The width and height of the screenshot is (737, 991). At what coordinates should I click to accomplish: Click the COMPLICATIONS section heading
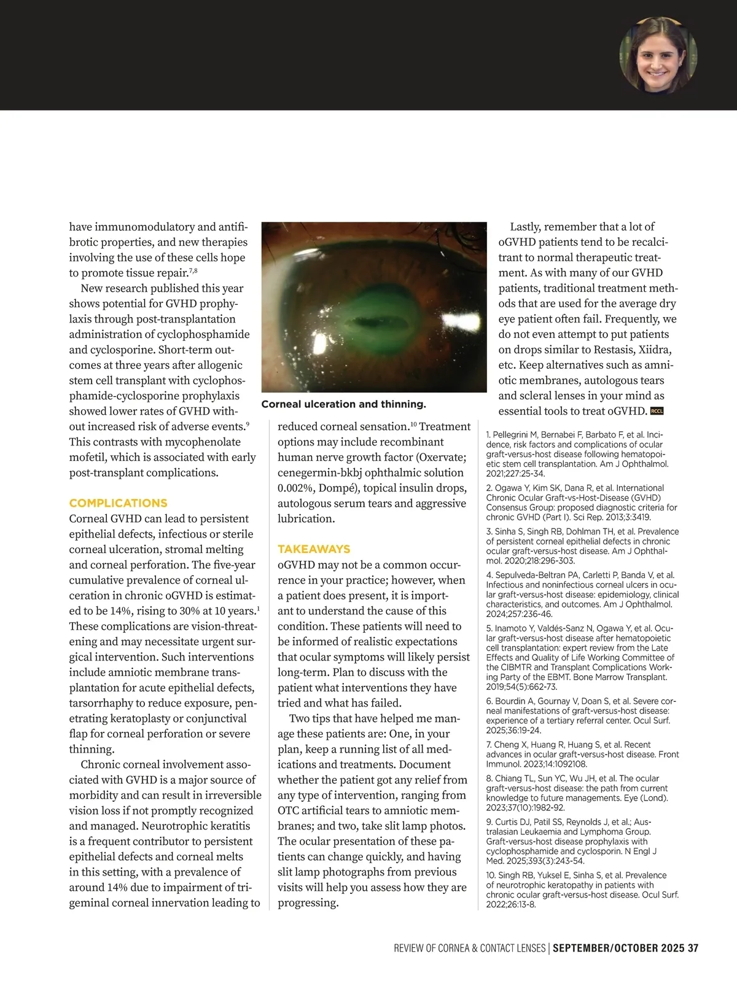pyautogui.click(x=118, y=503)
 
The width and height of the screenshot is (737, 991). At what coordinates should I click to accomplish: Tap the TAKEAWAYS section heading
pyautogui.click(x=314, y=549)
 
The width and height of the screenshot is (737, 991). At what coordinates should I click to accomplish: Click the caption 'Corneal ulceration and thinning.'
pyautogui.click(x=343, y=404)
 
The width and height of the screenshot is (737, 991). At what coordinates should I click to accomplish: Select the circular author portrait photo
pyautogui.click(x=658, y=55)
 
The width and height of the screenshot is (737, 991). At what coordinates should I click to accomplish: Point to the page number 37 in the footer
pyautogui.click(x=693, y=948)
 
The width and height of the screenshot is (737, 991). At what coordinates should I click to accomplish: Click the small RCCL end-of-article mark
pyautogui.click(x=657, y=412)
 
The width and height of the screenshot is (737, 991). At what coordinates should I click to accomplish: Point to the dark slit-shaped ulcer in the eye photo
pyautogui.click(x=369, y=321)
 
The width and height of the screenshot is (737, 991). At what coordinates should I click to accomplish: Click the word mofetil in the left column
pyautogui.click(x=87, y=457)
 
